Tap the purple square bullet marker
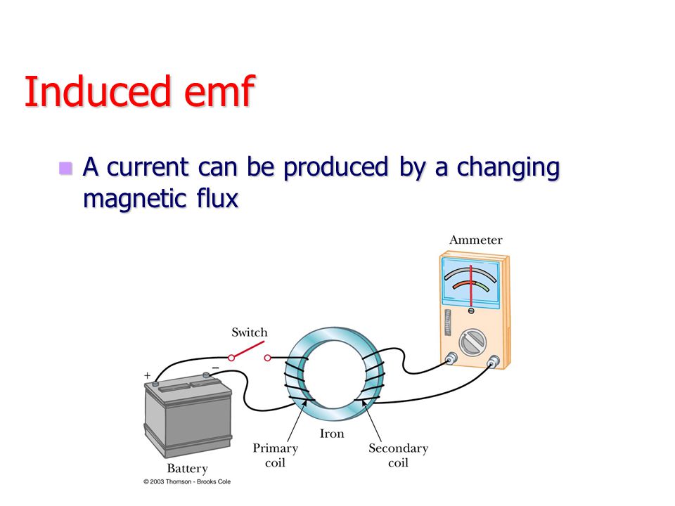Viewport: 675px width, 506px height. click(x=65, y=168)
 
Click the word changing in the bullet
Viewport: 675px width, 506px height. click(x=508, y=168)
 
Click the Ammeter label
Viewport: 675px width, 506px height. click(x=476, y=240)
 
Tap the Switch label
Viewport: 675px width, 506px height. click(x=249, y=332)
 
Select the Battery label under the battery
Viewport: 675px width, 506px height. click(x=187, y=468)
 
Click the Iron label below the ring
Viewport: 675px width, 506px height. click(x=332, y=434)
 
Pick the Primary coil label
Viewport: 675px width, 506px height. click(x=276, y=455)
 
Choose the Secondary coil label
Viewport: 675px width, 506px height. click(x=398, y=455)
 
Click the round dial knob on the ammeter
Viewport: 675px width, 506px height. click(x=472, y=342)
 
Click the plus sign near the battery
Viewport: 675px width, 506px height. click(x=147, y=375)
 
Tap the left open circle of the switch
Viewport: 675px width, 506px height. click(x=231, y=358)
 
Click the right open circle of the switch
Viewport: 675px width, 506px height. click(x=267, y=358)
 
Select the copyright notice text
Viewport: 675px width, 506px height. click(x=187, y=482)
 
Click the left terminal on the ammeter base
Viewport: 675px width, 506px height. click(x=451, y=358)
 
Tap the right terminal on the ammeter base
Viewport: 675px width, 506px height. click(x=493, y=361)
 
